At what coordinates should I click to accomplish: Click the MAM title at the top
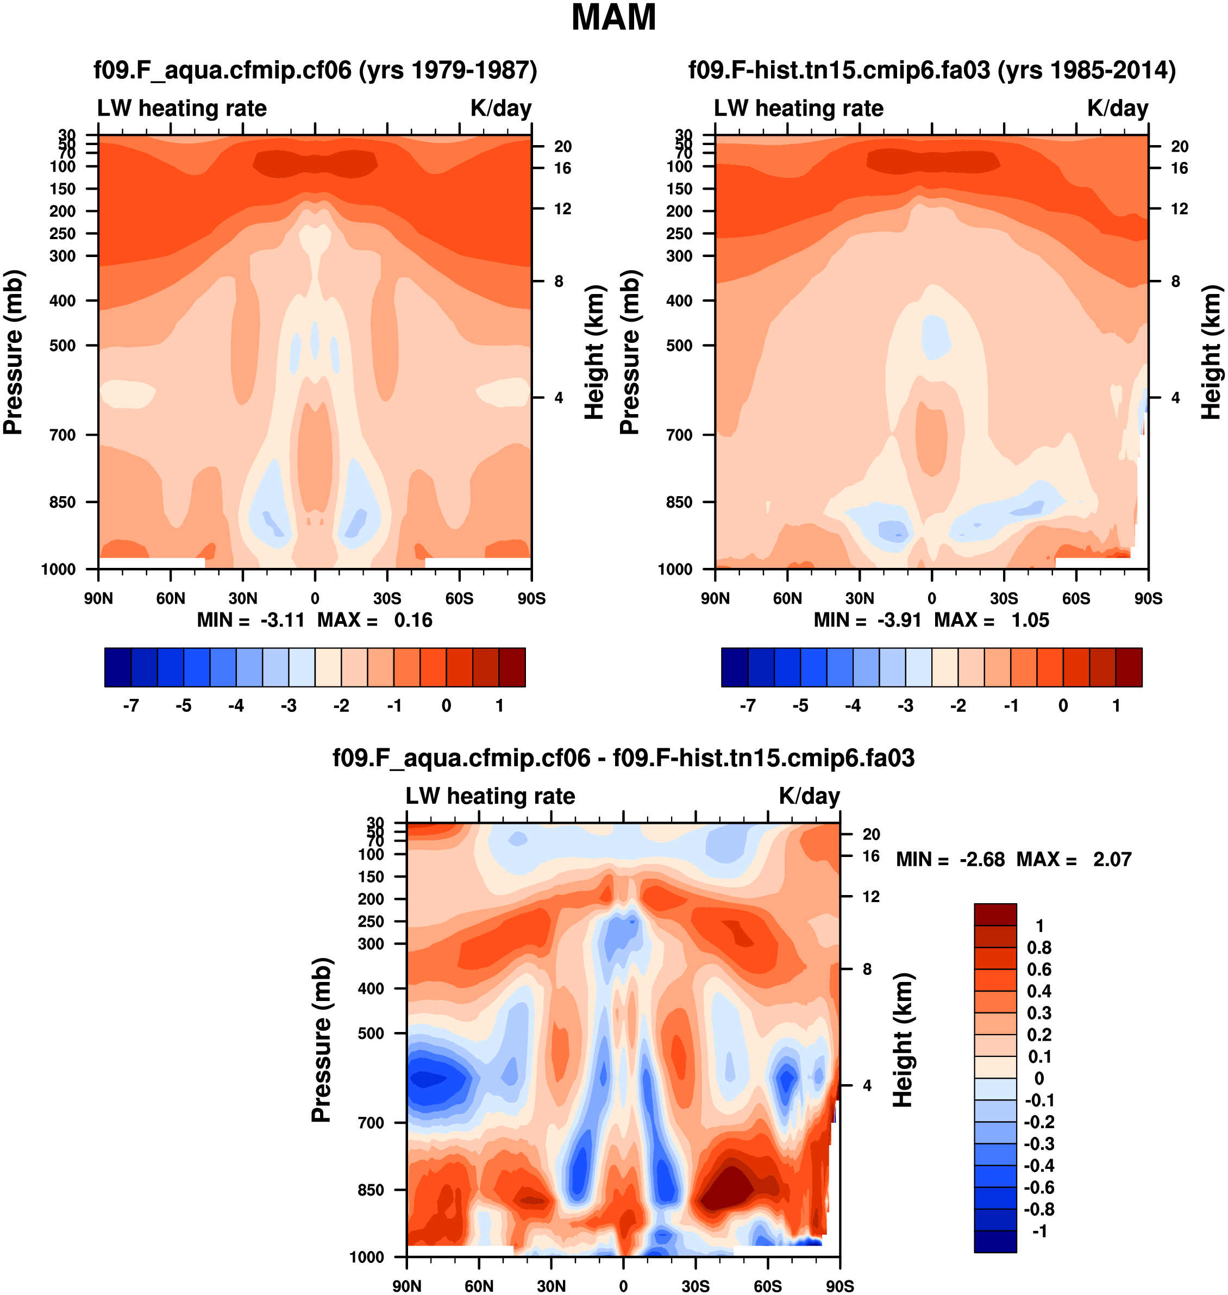(x=613, y=18)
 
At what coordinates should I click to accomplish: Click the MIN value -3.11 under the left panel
(x=282, y=620)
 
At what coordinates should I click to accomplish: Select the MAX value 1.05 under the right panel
(x=1030, y=620)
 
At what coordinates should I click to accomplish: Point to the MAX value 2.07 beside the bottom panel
(x=1112, y=859)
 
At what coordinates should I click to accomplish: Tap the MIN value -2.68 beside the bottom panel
(x=981, y=859)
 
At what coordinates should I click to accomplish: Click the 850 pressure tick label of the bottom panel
(x=371, y=1190)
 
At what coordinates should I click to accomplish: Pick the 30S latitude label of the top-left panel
(x=387, y=598)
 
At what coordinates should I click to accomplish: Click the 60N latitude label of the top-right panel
(x=787, y=598)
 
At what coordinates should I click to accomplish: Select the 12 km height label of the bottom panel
(x=870, y=896)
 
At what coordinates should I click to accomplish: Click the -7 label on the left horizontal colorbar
(x=131, y=706)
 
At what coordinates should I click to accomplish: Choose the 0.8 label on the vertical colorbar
(x=1039, y=947)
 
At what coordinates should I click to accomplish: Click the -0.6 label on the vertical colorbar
(x=1039, y=1187)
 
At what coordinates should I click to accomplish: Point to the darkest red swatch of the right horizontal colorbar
(x=1129, y=667)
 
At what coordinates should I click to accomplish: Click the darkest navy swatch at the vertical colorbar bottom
(x=995, y=1241)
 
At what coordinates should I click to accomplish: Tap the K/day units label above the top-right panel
(x=1117, y=108)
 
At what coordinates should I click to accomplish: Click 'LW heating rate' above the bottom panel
(x=490, y=796)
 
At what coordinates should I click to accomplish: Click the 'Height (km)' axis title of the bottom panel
(x=903, y=1040)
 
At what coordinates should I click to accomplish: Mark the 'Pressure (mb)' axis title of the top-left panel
(x=13, y=352)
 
